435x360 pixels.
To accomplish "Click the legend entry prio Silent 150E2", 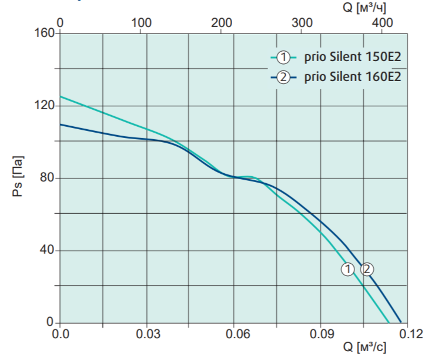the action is pyautogui.click(x=353, y=57).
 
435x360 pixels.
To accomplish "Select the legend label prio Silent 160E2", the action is pyautogui.click(x=353, y=77).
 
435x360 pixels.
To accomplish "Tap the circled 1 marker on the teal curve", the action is pyautogui.click(x=347, y=270).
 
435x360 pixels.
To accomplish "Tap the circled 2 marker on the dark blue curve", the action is pyautogui.click(x=367, y=270).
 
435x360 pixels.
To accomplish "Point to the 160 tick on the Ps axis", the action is pyautogui.click(x=45, y=33).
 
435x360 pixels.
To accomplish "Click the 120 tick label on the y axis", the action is pyautogui.click(x=45, y=106).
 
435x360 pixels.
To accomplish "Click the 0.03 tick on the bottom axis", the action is pyautogui.click(x=148, y=334).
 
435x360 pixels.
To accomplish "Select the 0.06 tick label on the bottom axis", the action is pyautogui.click(x=237, y=334).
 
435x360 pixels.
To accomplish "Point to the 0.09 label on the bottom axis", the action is pyautogui.click(x=322, y=334).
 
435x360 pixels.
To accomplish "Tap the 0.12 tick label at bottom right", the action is pyautogui.click(x=411, y=334).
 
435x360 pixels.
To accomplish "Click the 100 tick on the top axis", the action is pyautogui.click(x=141, y=23).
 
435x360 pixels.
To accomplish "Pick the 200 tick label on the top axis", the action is pyautogui.click(x=222, y=23).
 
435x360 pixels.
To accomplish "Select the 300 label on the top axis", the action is pyautogui.click(x=302, y=23).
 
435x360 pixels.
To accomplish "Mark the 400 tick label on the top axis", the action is pyautogui.click(x=382, y=23).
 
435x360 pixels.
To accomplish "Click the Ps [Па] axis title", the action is pyautogui.click(x=18, y=176).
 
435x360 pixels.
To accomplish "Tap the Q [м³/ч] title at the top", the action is pyautogui.click(x=364, y=8).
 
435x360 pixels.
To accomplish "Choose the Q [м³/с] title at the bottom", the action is pyautogui.click(x=364, y=347).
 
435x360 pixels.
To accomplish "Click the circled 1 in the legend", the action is pyautogui.click(x=283, y=58).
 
